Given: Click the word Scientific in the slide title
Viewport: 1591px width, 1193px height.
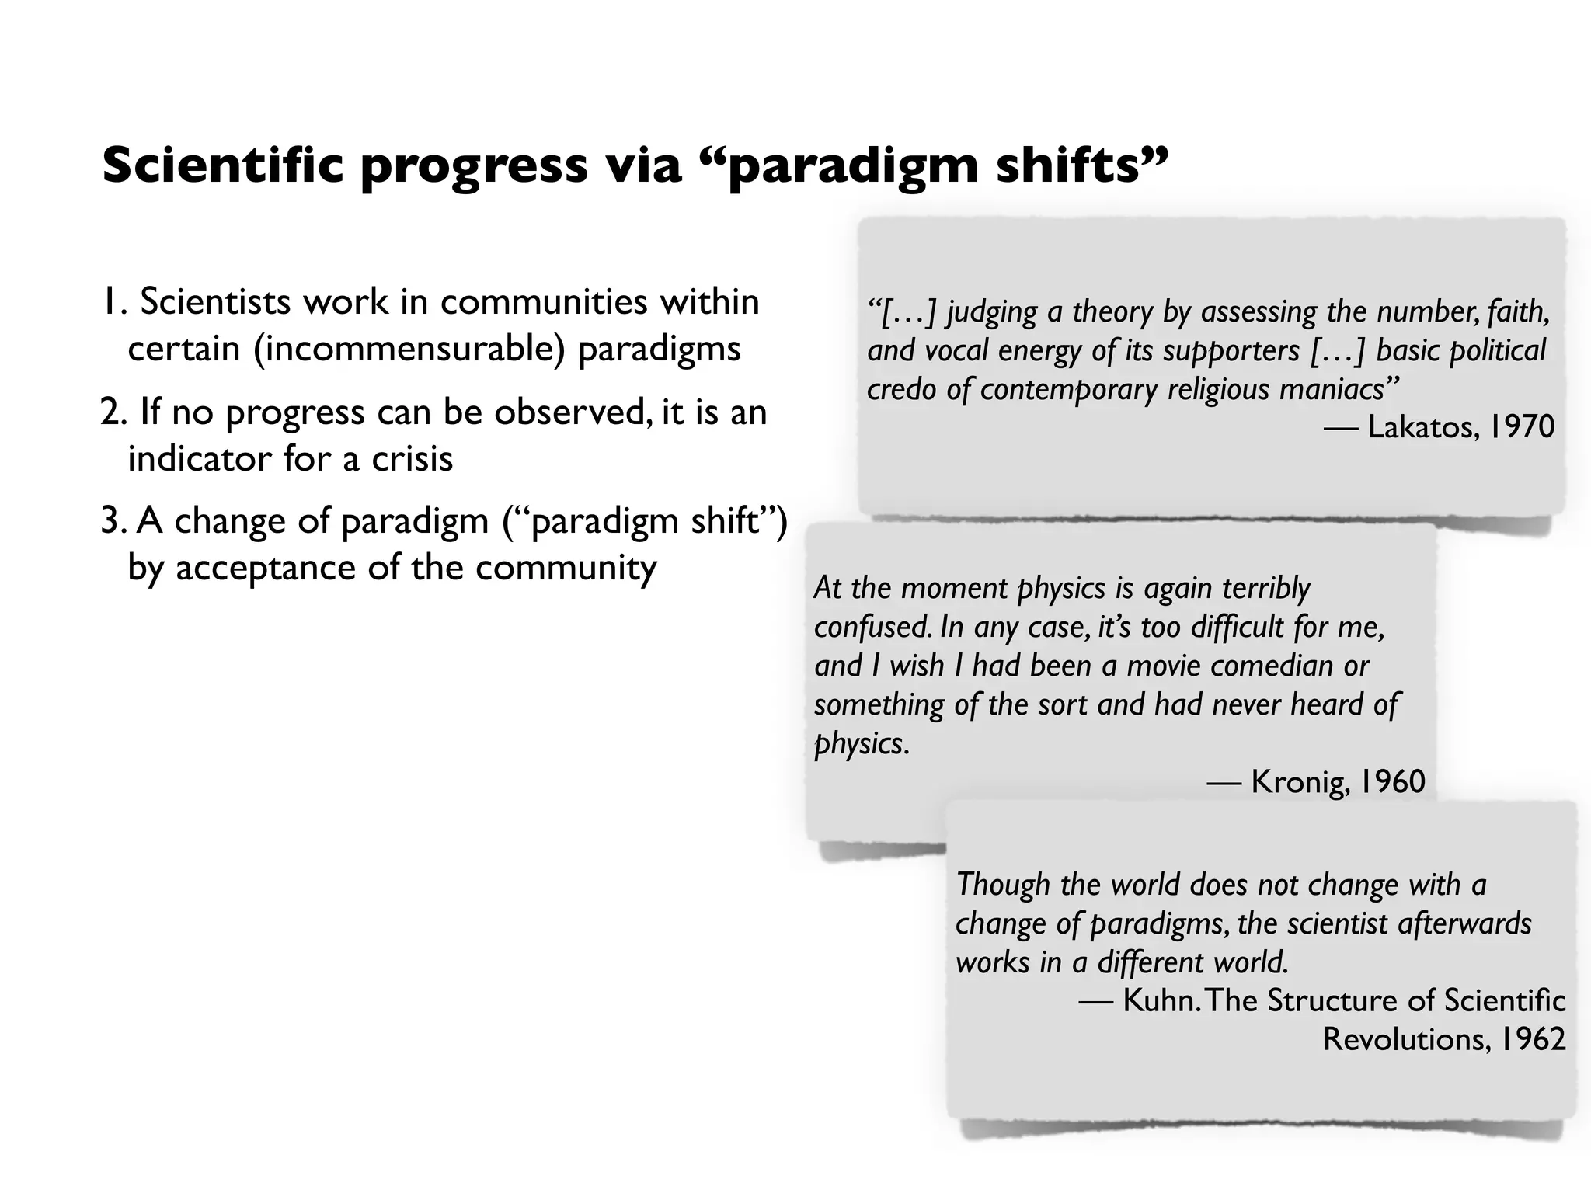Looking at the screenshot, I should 222,165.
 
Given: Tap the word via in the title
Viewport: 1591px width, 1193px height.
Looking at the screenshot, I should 643,165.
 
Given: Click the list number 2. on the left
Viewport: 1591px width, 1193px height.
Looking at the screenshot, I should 113,412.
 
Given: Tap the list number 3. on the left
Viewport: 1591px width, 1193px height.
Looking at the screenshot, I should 113,521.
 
